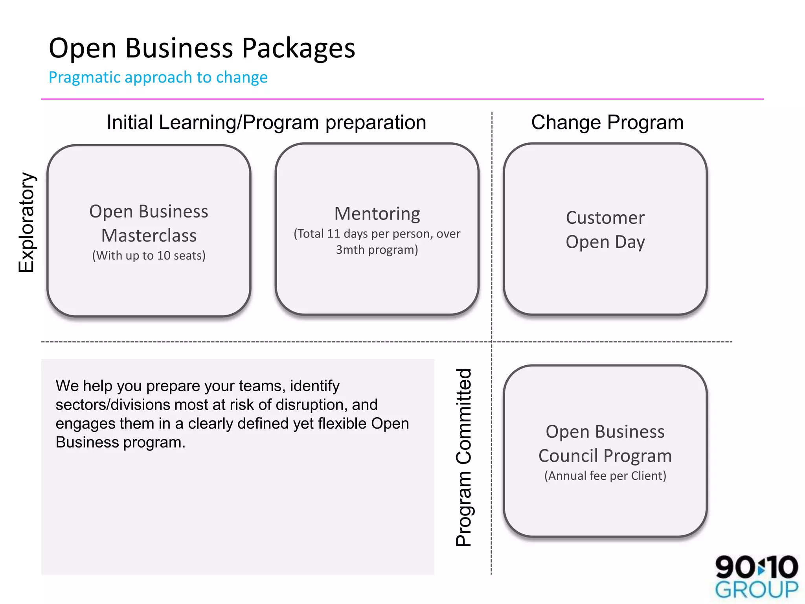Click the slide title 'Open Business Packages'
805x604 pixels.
[202, 48]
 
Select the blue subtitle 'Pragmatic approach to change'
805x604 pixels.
[158, 77]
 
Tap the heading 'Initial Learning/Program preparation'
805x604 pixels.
[266, 122]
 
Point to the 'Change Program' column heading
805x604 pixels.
[607, 122]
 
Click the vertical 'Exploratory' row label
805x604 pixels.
[27, 223]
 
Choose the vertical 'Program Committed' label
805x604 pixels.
[463, 458]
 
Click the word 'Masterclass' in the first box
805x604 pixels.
[149, 236]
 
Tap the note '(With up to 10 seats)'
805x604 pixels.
[149, 256]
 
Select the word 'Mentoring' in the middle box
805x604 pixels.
[377, 214]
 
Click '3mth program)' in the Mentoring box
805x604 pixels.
[377, 250]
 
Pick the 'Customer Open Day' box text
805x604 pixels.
[605, 230]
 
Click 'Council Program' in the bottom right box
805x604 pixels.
[605, 456]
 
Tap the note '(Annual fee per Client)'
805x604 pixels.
[605, 476]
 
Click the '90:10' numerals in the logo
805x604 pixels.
[756, 567]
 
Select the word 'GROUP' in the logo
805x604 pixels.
[756, 590]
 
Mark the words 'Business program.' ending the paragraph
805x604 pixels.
[120, 442]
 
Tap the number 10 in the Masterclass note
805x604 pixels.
[164, 256]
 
